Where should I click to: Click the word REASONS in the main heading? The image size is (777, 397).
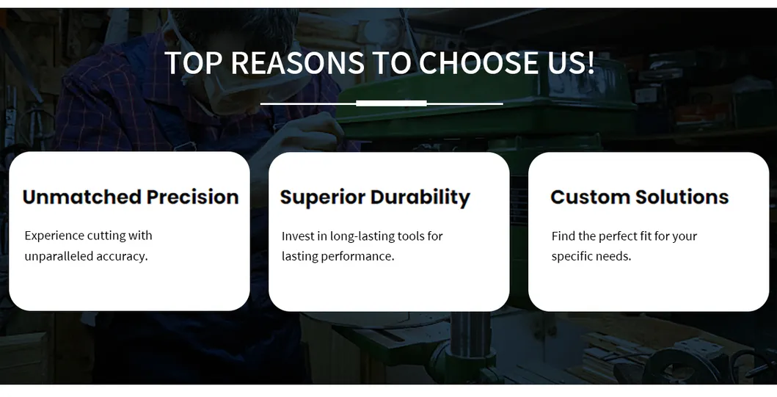point(296,63)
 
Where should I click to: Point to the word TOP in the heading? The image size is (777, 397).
point(192,63)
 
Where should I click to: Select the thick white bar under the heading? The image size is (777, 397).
point(391,103)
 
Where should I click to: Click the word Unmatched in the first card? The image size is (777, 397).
point(81,197)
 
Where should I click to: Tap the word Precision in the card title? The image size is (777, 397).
point(192,197)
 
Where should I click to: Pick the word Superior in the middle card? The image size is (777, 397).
point(322,197)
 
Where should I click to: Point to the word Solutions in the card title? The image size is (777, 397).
point(682,197)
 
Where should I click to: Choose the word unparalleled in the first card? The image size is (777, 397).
point(59,256)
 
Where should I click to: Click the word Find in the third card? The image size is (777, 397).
point(563,236)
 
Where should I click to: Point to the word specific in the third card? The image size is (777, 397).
point(572,256)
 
